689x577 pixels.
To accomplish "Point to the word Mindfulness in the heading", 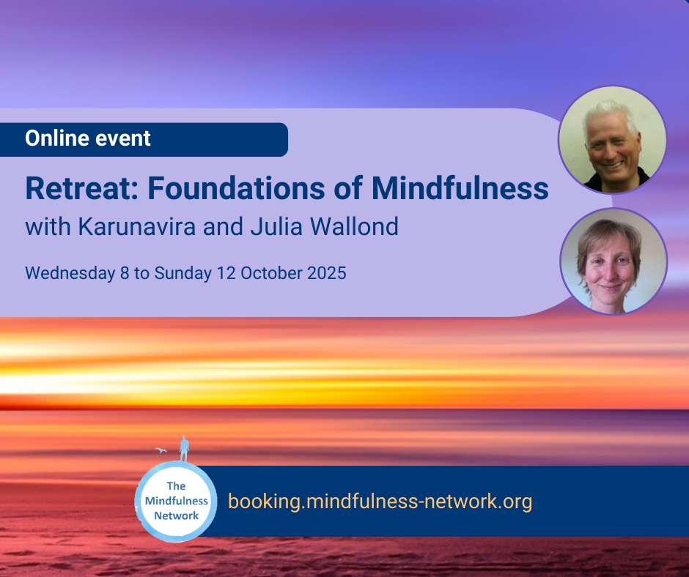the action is point(460,188).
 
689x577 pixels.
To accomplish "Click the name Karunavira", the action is point(136,226).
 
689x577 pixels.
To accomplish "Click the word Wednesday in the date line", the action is point(70,273).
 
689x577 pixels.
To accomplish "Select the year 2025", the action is point(326,273).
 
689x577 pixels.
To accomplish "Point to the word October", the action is point(271,273).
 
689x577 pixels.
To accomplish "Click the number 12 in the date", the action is point(226,273).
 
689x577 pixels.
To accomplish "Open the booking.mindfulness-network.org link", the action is point(380,501).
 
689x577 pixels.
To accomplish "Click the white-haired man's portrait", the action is point(612,140).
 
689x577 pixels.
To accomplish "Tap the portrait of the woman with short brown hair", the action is point(614,261).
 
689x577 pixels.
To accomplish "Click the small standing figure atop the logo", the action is point(184,449).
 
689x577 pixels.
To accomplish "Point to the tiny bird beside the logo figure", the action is point(161,450).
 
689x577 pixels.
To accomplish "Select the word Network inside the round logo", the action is point(176,515).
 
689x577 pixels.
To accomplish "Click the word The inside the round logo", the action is point(176,486).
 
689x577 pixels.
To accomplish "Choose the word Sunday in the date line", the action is point(183,273).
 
